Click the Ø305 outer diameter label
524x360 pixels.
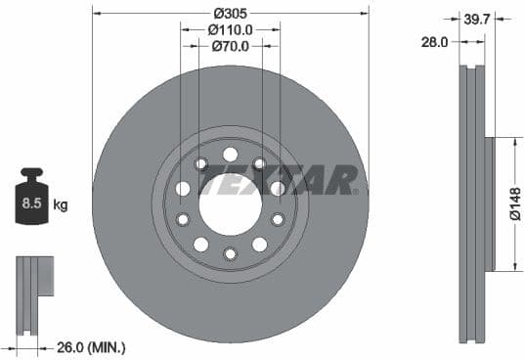point(230,14)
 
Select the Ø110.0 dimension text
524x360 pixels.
point(230,29)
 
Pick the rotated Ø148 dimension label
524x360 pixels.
point(514,204)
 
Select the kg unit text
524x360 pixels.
point(61,204)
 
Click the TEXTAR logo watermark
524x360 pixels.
point(279,180)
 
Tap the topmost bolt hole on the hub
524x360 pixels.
point(230,154)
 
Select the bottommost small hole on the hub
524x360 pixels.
point(230,254)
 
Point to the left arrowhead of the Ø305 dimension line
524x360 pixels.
point(95,14)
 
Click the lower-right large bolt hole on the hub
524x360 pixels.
point(259,244)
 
